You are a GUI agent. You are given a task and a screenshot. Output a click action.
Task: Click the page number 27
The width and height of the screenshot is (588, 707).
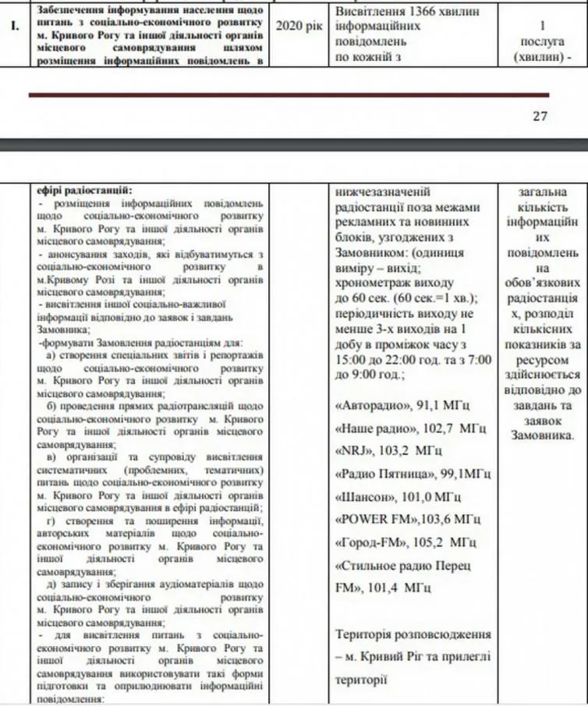pos(540,116)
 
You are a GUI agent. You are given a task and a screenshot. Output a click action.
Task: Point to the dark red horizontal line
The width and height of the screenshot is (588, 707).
pos(289,94)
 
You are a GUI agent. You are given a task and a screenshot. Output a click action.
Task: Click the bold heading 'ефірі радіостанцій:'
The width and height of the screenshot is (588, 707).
pos(85,190)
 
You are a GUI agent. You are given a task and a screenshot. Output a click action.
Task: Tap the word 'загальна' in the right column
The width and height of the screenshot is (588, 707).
pos(541,191)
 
